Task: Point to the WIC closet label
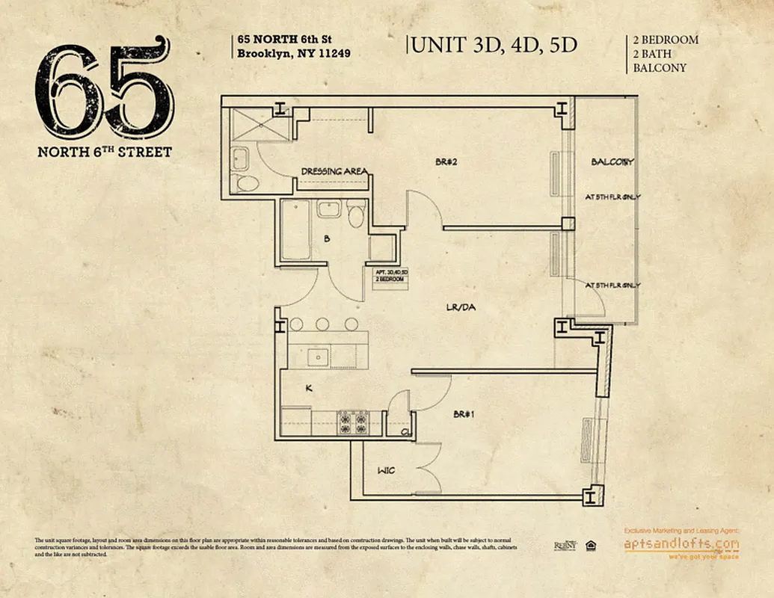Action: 386,470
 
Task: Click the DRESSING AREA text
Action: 334,171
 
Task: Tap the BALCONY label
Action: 612,161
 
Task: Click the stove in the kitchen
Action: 353,422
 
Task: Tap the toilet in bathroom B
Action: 357,213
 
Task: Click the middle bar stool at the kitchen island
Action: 322,324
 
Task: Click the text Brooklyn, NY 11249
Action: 293,53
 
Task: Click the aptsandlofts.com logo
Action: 681,544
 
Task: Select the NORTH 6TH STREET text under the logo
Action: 105,152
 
